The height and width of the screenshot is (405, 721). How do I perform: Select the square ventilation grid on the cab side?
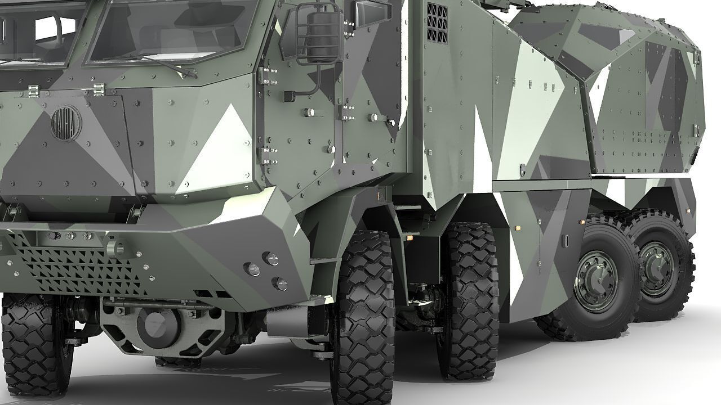point(437,23)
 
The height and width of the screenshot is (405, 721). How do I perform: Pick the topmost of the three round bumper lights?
point(272,258)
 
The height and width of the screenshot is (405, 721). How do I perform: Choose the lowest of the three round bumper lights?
point(280,283)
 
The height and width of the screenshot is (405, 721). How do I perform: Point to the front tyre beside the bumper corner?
point(363,315)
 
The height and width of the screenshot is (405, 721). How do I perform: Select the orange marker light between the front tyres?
point(409,239)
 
